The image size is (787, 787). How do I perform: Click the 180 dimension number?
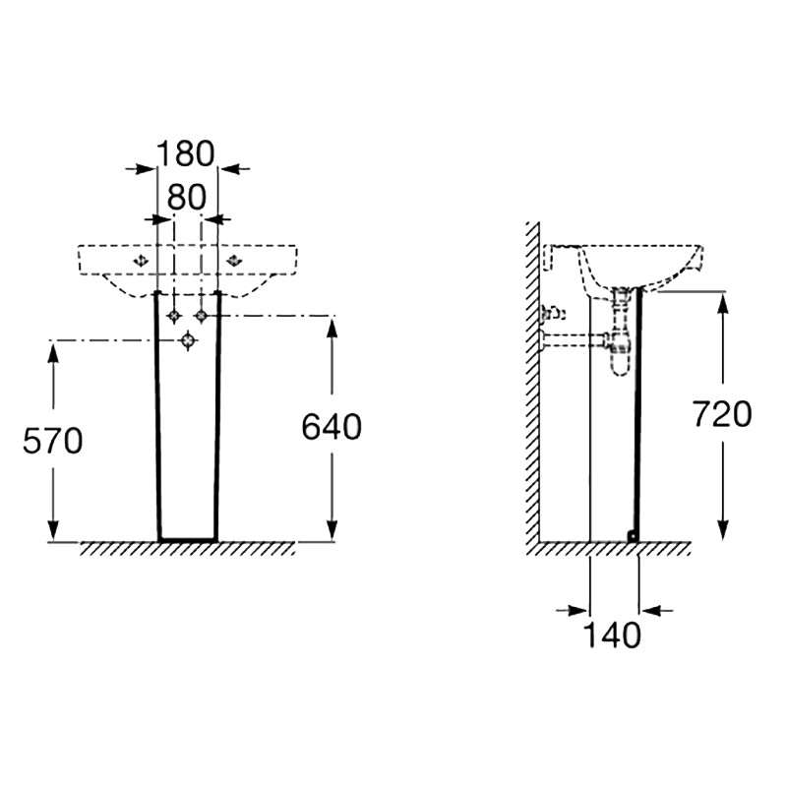(186, 153)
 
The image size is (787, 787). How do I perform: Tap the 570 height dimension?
(53, 441)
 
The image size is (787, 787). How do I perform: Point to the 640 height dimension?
(332, 427)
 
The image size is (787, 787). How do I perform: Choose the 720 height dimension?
(722, 414)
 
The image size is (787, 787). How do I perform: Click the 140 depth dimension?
(612, 635)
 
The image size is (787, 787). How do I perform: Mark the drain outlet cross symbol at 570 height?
(188, 340)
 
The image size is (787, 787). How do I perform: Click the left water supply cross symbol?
(174, 315)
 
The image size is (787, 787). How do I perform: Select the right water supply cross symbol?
(202, 315)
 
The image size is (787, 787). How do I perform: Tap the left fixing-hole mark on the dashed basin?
(141, 260)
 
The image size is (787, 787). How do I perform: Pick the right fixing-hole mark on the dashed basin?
(234, 260)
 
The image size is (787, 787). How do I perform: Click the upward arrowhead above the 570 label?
(53, 353)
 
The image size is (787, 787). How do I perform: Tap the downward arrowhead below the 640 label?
(332, 529)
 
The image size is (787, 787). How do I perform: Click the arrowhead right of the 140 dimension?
(651, 611)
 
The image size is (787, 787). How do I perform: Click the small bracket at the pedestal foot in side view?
(634, 535)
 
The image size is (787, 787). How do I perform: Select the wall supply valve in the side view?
(552, 314)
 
